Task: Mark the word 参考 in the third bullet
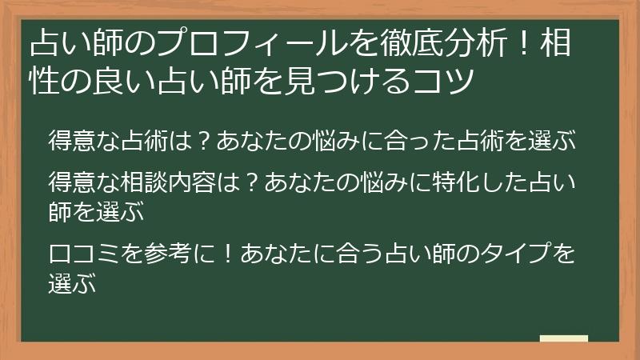[x=169, y=255]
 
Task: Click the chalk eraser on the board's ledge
[x=564, y=338]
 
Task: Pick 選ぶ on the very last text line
[x=72, y=284]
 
